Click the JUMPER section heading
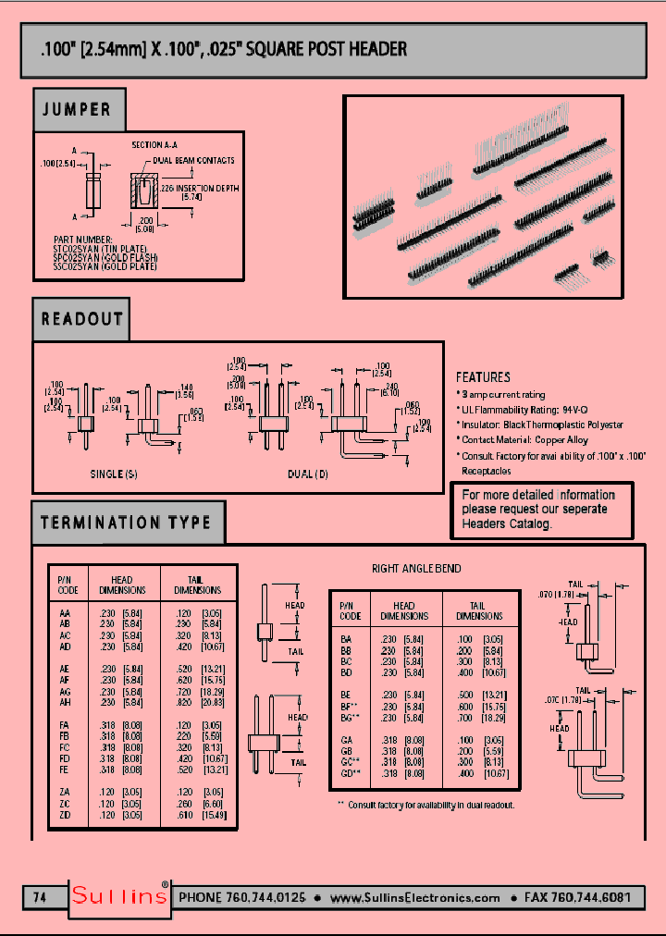click(77, 110)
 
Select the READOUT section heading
click(81, 319)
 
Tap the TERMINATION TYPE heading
click(126, 523)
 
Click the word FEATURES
click(483, 377)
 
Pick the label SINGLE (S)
click(114, 474)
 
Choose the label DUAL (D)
click(308, 474)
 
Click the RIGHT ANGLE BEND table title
click(416, 568)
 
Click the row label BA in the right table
click(346, 638)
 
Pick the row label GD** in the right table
click(349, 772)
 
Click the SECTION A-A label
click(154, 145)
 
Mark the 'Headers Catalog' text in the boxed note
click(506, 523)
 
